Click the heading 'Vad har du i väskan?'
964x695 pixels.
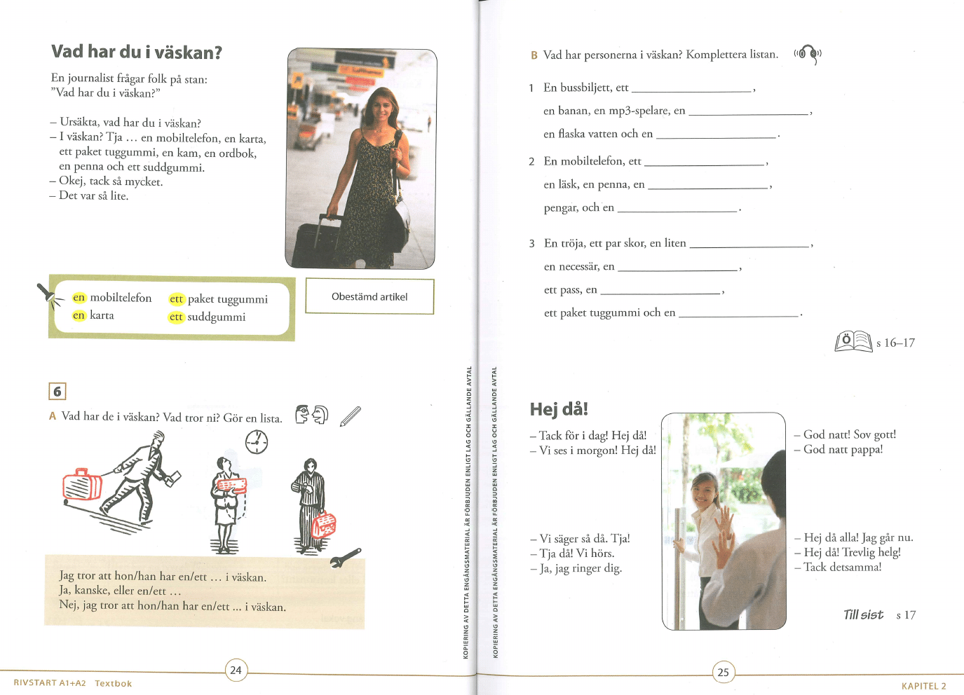point(137,52)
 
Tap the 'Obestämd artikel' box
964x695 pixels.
point(369,296)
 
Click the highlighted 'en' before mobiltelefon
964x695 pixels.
point(79,298)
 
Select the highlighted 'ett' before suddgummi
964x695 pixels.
point(176,317)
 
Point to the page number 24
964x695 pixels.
point(236,670)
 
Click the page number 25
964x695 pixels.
point(724,672)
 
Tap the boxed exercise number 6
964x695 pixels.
point(57,392)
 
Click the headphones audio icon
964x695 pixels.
point(808,54)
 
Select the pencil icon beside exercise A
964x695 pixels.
point(351,416)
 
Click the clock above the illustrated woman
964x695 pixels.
point(257,441)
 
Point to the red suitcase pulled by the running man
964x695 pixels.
point(82,484)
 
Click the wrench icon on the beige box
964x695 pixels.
point(346,558)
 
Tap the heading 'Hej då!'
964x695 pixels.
point(559,409)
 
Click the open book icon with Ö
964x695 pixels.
point(853,342)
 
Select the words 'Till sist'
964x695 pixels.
point(863,614)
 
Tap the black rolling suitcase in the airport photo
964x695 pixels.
point(318,243)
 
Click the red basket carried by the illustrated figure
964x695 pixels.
point(323,525)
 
